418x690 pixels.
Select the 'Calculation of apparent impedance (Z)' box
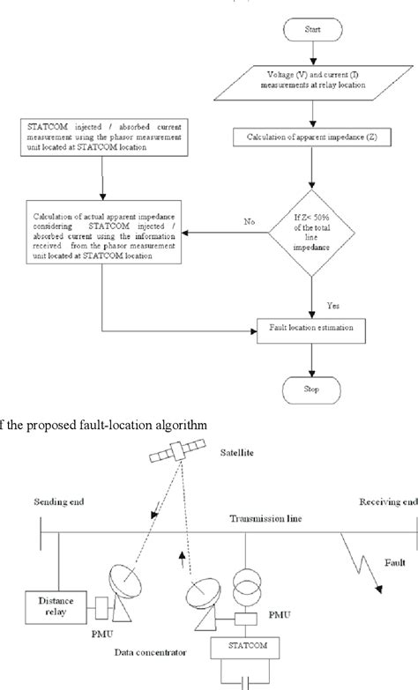[308, 137]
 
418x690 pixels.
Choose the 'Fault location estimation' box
[310, 329]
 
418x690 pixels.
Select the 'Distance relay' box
[52, 605]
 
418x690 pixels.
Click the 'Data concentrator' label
[149, 654]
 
